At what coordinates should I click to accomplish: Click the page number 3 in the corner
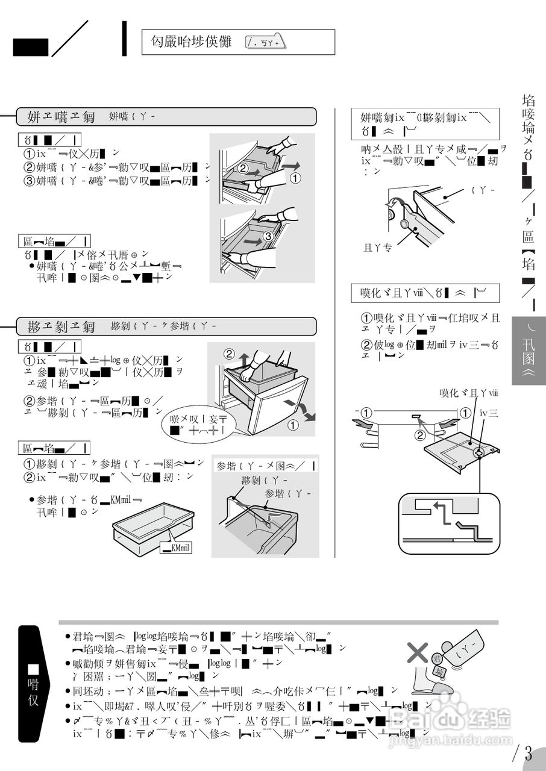528,754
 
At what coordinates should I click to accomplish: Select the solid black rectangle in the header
30,48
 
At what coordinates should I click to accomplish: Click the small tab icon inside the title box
265,42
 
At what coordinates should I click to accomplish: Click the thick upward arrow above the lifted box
243,361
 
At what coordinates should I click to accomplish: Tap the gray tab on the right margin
529,351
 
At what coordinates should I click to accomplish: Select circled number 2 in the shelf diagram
420,434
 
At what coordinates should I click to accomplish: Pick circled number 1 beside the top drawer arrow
296,178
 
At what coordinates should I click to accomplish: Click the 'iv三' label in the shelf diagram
488,413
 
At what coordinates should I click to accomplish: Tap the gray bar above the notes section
278,622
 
